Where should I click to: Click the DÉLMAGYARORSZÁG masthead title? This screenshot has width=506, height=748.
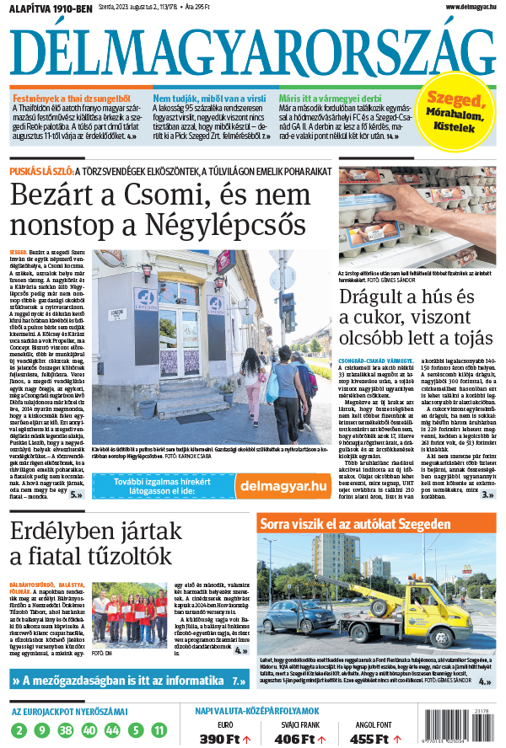(252, 51)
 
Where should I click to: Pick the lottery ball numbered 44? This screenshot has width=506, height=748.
(113, 729)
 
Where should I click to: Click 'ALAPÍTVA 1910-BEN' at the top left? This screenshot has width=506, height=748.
(51, 8)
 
